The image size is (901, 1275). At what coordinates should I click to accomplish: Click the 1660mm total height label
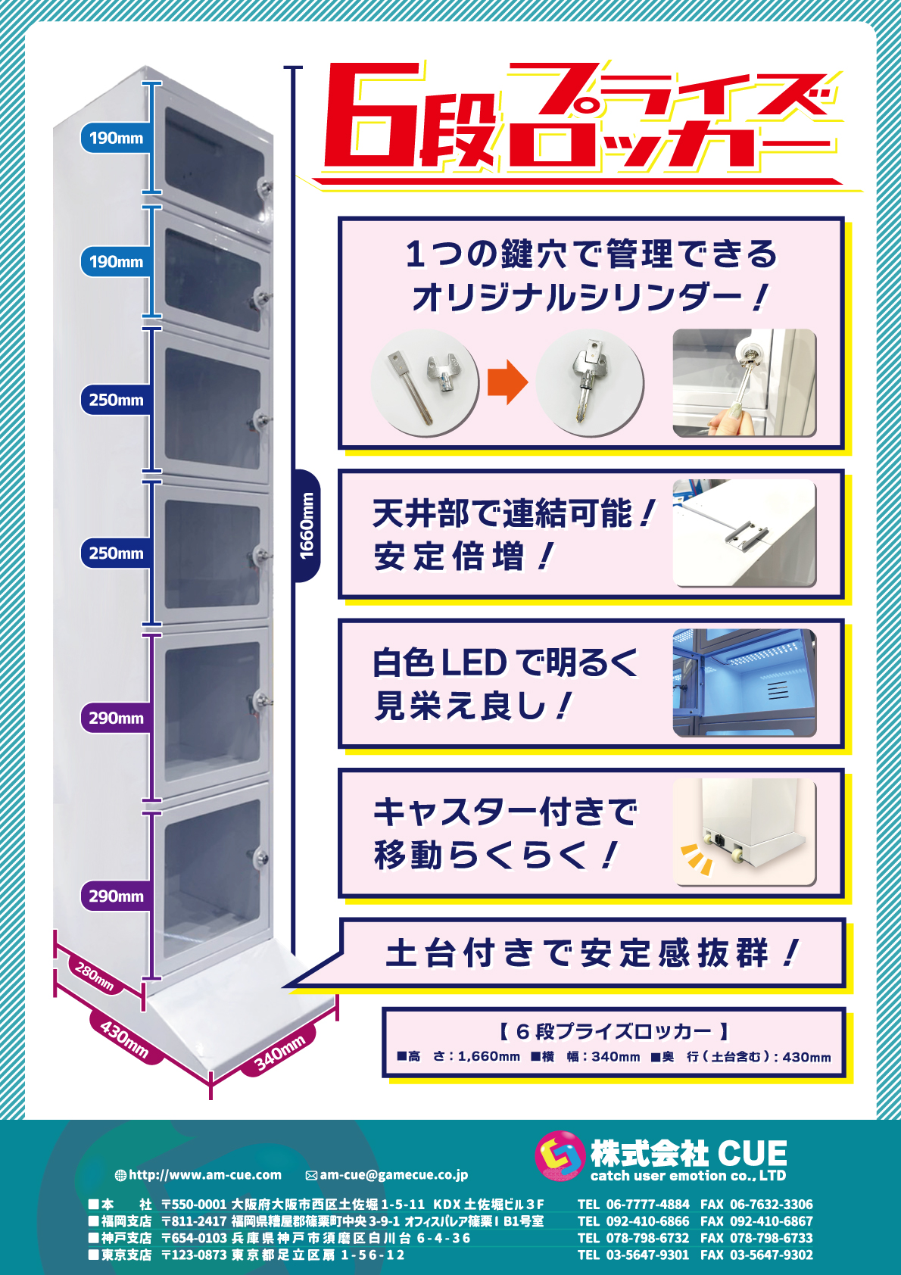(306, 526)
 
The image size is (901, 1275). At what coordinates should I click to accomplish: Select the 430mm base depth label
(125, 1040)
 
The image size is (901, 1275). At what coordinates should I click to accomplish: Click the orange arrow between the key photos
(508, 382)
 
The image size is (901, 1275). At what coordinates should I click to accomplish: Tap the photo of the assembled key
(590, 383)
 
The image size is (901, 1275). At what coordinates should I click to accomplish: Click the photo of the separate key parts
(425, 383)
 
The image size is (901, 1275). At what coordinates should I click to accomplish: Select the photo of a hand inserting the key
(744, 383)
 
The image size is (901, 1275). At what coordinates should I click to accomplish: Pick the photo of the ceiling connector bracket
(744, 533)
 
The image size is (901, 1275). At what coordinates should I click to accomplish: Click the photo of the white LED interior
(744, 682)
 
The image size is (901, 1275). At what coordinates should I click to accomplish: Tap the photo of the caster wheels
(744, 832)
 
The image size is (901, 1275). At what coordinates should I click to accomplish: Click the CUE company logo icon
(560, 1155)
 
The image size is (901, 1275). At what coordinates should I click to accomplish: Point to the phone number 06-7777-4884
(647, 1205)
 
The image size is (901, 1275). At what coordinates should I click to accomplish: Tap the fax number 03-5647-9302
(772, 1255)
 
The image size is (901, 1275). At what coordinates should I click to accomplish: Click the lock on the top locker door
(265, 187)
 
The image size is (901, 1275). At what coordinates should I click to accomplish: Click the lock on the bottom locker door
(260, 856)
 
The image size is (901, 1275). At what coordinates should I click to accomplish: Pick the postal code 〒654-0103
(194, 1238)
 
